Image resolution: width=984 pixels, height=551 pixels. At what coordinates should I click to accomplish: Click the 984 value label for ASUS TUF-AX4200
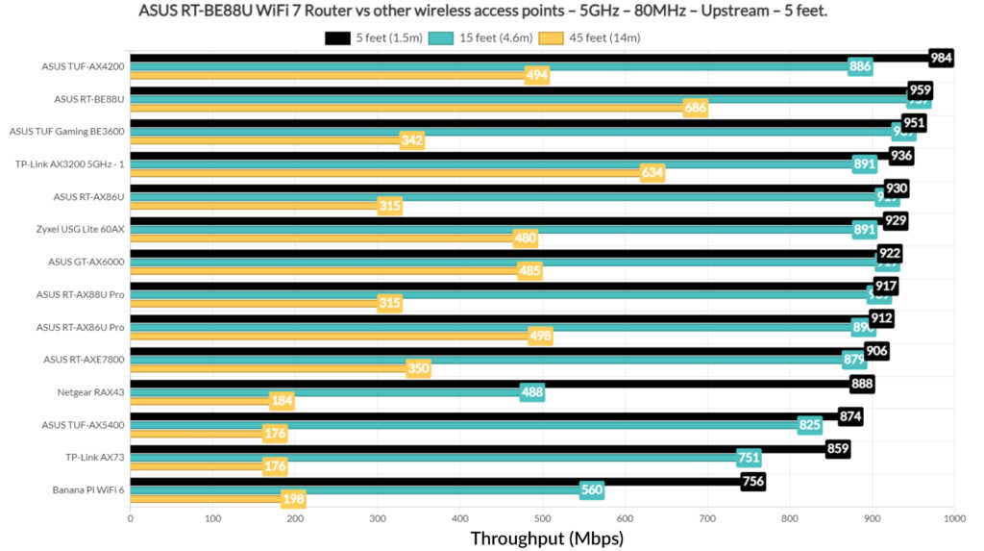tap(941, 58)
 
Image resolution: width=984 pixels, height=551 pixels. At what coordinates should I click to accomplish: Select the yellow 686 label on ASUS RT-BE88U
tap(696, 108)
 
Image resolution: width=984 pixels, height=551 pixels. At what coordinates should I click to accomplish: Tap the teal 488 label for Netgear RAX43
tap(531, 392)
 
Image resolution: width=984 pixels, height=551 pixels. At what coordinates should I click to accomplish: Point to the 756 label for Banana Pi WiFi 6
tap(753, 482)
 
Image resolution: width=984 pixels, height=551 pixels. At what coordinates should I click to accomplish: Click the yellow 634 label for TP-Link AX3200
tap(652, 173)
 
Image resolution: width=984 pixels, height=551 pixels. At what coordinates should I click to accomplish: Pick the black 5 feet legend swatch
tap(337, 38)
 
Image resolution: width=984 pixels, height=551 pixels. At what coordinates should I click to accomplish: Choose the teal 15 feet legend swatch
tap(442, 38)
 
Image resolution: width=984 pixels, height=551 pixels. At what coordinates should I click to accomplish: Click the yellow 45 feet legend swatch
tap(552, 38)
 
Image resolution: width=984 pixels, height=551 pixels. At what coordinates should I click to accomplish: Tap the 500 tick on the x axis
tap(542, 518)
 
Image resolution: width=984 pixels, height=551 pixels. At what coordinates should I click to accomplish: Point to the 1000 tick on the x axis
tap(953, 518)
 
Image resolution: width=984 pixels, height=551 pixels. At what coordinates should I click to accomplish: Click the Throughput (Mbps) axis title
tap(546, 538)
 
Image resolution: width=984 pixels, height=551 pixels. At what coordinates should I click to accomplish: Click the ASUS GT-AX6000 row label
tap(86, 262)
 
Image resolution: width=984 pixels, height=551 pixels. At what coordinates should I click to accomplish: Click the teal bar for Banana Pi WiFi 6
tap(356, 490)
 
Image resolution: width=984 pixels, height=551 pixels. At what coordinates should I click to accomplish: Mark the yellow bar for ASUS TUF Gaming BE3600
tap(264, 140)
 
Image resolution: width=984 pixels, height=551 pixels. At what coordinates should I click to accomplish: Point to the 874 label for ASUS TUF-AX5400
tap(850, 416)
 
